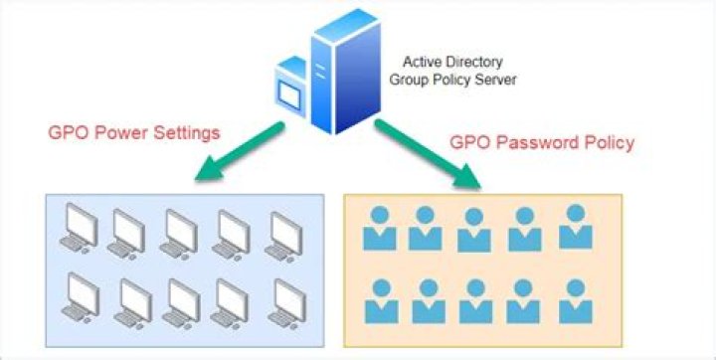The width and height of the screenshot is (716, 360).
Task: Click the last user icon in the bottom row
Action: tap(574, 301)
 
